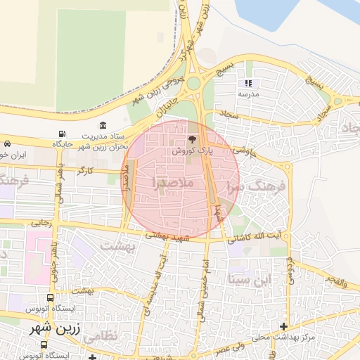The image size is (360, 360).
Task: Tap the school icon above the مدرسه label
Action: point(247,82)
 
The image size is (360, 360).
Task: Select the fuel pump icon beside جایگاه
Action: point(63,134)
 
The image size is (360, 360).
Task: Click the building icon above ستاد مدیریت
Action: point(103,125)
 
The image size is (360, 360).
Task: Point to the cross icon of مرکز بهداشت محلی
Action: point(283,326)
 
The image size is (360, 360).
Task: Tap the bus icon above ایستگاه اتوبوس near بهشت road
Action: point(50,297)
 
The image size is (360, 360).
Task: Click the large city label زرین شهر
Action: point(56,328)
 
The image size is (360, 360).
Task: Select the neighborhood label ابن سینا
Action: point(249,280)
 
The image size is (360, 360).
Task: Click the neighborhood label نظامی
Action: point(101,337)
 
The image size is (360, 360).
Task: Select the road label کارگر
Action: point(86,171)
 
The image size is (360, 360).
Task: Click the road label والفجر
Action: point(335,282)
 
